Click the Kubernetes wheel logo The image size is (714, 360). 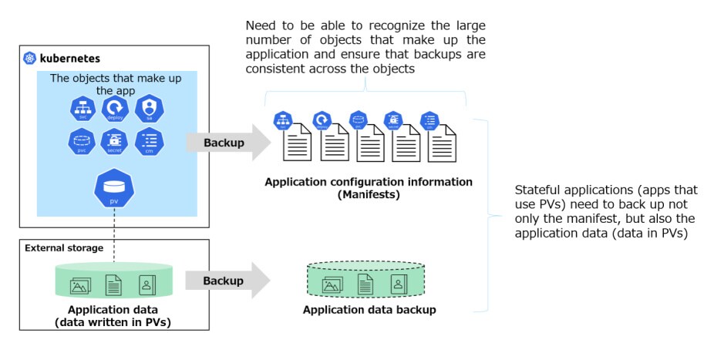[x=30, y=59]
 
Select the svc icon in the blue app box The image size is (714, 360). [x=82, y=109]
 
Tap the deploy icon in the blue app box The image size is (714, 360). [x=114, y=109]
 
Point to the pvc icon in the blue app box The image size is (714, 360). [x=82, y=142]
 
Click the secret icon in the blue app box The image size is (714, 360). [x=114, y=142]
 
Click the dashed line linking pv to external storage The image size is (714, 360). [x=114, y=227]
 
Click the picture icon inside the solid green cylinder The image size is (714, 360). [x=79, y=286]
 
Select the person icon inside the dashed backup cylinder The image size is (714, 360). [x=398, y=284]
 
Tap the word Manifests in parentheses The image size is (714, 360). [x=368, y=194]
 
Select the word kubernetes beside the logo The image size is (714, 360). [x=70, y=59]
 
